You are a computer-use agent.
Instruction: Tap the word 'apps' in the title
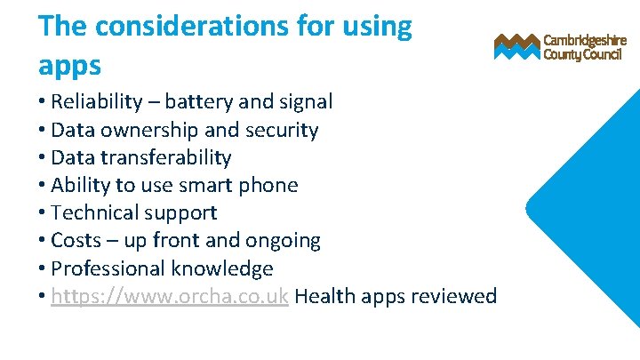coord(69,65)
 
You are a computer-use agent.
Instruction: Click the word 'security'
coord(282,130)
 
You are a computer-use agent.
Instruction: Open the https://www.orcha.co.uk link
coord(170,296)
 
